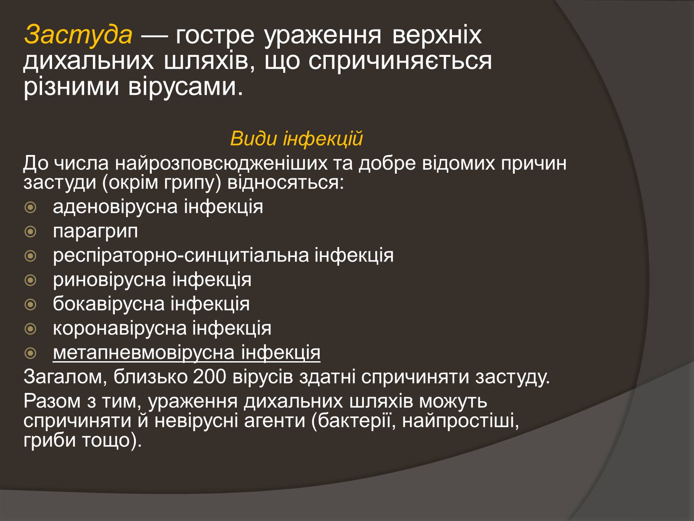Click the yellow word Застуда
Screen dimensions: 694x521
[x=78, y=34]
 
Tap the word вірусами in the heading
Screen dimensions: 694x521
[x=186, y=87]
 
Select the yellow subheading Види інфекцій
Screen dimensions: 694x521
[x=296, y=138]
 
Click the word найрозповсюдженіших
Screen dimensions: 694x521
[x=221, y=164]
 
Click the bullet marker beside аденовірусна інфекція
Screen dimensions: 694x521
[x=30, y=208]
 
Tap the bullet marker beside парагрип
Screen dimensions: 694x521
[x=30, y=232]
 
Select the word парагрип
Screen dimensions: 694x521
[x=95, y=232]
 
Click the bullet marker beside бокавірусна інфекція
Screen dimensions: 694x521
[x=30, y=305]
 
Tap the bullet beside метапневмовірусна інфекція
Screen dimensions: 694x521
[x=30, y=353]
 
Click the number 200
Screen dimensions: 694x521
[x=210, y=377]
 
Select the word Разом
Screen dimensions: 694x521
[x=52, y=401]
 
